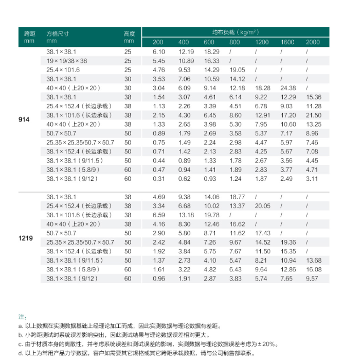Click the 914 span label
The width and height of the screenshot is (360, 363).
coord(24,119)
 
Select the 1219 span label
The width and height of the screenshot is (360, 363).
coord(26,238)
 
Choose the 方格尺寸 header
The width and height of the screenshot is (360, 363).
coord(58,34)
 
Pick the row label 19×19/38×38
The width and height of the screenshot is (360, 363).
coord(67,61)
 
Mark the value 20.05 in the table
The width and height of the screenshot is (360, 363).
coord(262,206)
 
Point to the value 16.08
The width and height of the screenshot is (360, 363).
coord(313,269)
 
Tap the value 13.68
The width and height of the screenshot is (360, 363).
coord(313,261)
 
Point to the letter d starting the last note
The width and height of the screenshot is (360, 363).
coord(21,354)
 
